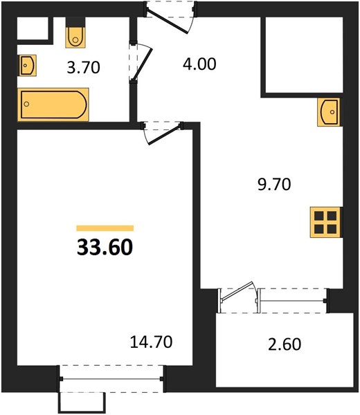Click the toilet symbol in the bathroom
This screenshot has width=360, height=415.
click(75, 35)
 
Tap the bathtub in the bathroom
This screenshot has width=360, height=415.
click(53, 104)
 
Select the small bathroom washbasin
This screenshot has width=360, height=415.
click(27, 65)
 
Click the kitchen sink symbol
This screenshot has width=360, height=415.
click(328, 112)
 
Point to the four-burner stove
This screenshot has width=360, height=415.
click(325, 222)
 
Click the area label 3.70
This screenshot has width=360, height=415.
click(84, 67)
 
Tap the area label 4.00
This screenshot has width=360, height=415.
click(199, 64)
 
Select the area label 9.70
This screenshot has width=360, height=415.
click(274, 185)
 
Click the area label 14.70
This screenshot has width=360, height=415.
click(151, 342)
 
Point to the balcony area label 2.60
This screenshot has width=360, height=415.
click(285, 344)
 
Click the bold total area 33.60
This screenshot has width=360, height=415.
click(105, 247)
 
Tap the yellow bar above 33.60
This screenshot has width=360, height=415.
click(105, 228)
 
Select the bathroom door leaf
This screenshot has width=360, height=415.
click(142, 64)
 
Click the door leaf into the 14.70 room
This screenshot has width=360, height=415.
click(165, 135)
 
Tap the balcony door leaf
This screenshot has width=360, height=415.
click(237, 291)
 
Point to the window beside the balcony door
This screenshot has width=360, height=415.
click(292, 301)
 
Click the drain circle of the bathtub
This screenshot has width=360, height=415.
click(26, 104)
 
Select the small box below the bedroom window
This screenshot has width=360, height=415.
click(82, 403)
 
